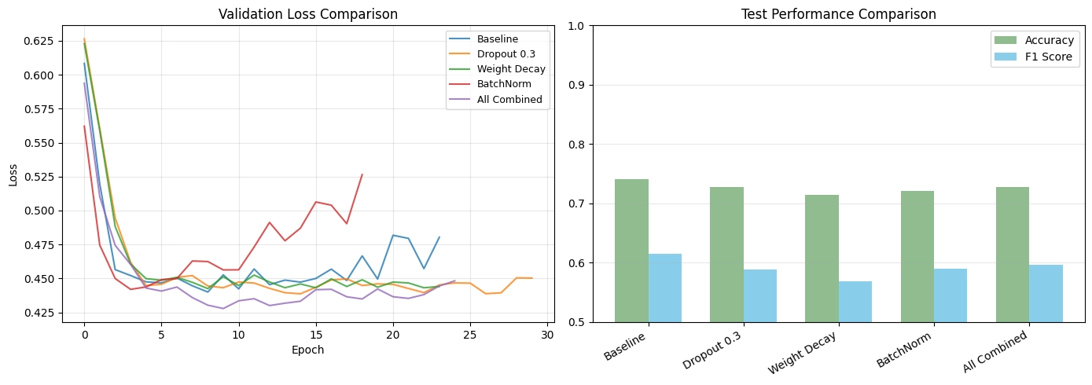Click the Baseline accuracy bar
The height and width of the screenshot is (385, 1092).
[x=631, y=251]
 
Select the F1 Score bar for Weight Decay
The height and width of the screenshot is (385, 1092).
[x=855, y=302]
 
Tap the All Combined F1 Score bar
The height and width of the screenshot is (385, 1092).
[x=1046, y=293]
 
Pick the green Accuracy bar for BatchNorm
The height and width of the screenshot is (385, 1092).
[x=917, y=256]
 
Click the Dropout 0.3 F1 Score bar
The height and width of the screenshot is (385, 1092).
[x=760, y=295]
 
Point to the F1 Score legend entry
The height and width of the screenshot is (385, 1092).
[x=1033, y=57]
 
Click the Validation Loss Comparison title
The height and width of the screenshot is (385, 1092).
[x=308, y=14]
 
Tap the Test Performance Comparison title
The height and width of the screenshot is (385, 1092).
[x=839, y=14]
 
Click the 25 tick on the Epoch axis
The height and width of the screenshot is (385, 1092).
[x=470, y=335]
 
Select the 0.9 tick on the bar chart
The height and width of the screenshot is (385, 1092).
[x=576, y=86]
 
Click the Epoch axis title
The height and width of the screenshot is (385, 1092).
[x=307, y=350]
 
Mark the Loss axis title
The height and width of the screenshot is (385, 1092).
[x=13, y=175]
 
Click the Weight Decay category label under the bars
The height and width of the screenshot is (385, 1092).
[x=802, y=353]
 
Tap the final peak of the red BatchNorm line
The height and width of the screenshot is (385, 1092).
[x=362, y=174]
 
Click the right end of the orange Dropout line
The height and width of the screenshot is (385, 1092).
[x=532, y=278]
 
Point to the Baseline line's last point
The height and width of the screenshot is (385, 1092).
[x=439, y=236]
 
